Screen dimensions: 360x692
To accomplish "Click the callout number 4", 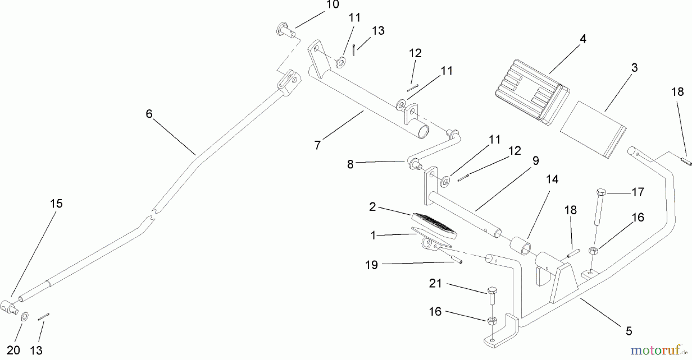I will point(583,39).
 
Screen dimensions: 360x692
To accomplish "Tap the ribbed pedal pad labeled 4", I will point(531,92).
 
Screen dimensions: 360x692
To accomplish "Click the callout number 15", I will point(57,204).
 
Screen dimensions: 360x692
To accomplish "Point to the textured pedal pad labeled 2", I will point(434,226).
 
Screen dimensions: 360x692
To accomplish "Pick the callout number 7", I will point(317,145).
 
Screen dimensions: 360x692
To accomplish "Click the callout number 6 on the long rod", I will point(149,114).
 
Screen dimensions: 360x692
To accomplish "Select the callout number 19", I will point(371,265).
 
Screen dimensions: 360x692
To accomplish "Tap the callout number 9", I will point(536,161).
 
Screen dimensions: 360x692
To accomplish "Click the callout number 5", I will point(629,331).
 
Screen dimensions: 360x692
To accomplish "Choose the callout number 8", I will point(350,164).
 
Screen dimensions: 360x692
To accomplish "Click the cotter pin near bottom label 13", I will point(43,317).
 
